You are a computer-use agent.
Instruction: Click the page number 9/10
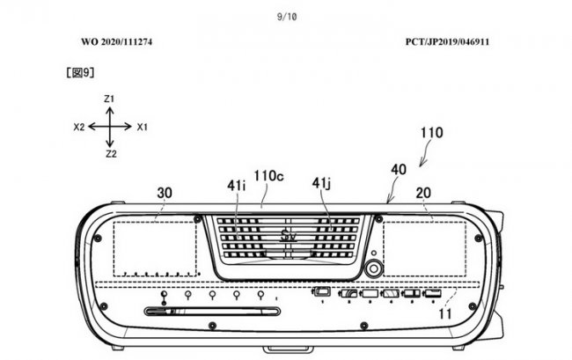click(x=287, y=17)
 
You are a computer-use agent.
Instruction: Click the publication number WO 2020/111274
click(x=117, y=41)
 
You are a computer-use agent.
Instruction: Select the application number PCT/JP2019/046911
click(x=447, y=41)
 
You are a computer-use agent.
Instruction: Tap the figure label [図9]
click(x=80, y=72)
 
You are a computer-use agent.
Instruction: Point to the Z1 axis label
click(x=109, y=99)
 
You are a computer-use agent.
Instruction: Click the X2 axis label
click(x=79, y=127)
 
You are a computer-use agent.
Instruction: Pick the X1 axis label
click(x=142, y=127)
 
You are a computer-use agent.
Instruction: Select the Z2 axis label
click(x=111, y=154)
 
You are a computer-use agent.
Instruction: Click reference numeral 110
click(x=432, y=133)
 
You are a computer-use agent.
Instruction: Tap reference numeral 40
click(x=399, y=170)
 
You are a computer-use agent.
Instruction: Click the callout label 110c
click(x=269, y=176)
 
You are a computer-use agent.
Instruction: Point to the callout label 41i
click(x=237, y=186)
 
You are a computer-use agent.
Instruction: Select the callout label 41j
click(x=321, y=183)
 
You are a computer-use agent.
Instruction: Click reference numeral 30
click(x=165, y=193)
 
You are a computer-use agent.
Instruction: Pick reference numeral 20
click(x=423, y=193)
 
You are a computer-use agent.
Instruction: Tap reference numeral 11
click(x=444, y=313)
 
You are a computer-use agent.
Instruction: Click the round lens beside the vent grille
click(x=373, y=269)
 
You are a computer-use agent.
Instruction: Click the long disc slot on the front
click(x=212, y=312)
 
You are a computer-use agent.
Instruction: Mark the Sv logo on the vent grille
click(x=288, y=237)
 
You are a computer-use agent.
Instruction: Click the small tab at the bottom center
click(x=288, y=349)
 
